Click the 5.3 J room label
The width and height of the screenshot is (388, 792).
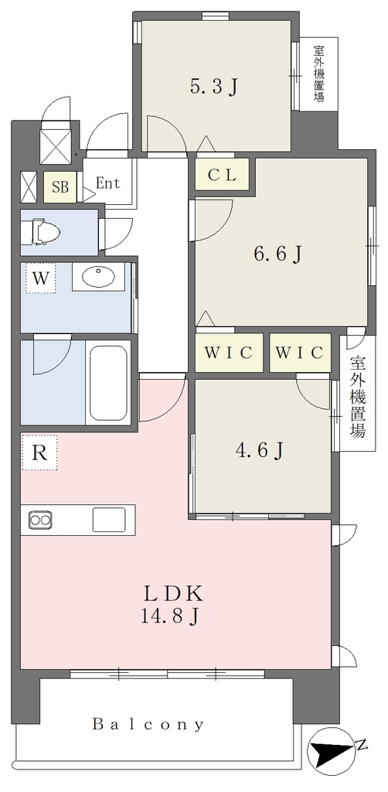pos(213,88)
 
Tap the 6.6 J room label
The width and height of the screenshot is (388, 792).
pos(277,254)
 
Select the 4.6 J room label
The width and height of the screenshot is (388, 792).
pos(260,449)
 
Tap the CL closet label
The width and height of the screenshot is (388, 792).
pos(223,176)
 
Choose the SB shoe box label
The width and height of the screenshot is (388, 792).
pos(60,187)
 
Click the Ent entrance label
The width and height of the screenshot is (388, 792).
pos(108,183)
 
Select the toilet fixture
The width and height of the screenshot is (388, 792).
pos(45,233)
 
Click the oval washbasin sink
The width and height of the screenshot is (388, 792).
pos(98,276)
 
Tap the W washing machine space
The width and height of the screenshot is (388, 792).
pos(41,278)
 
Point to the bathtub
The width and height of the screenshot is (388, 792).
pos(108,382)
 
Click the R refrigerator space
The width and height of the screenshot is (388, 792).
pos(39,452)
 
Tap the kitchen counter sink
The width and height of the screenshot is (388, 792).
pos(109,519)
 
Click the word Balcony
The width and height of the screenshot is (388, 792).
pos(148,725)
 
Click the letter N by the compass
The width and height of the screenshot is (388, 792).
pos(361,745)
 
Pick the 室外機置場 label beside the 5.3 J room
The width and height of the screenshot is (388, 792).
pos(319,73)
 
